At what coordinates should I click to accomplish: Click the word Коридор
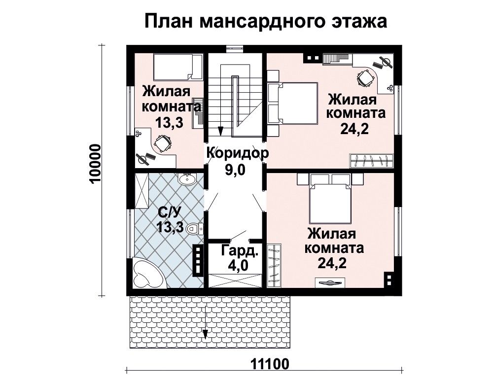click(238, 153)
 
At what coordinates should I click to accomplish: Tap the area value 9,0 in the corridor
click(235, 170)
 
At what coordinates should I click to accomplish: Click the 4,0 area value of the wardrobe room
click(238, 266)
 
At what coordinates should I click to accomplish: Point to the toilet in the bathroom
click(195, 229)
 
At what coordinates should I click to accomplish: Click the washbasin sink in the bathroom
click(187, 179)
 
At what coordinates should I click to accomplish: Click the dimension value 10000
click(95, 164)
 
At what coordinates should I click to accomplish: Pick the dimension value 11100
click(270, 365)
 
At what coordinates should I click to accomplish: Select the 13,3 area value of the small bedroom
click(170, 122)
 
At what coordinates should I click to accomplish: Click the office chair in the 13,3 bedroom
click(162, 143)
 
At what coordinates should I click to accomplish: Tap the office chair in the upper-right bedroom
click(365, 78)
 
